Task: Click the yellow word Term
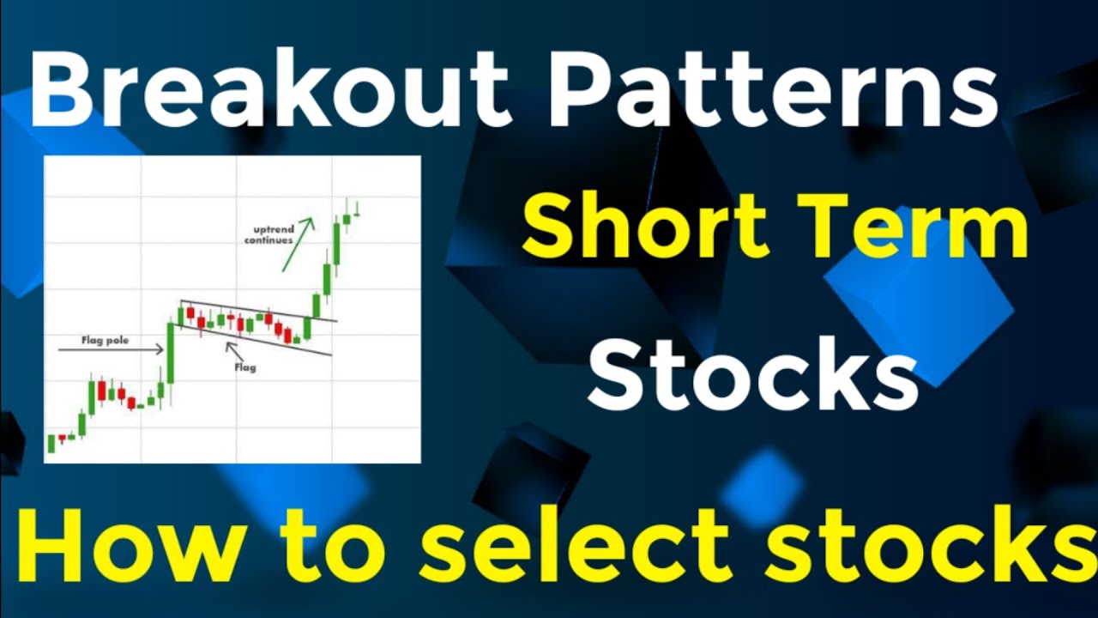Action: click(x=923, y=225)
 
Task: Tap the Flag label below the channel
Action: click(x=245, y=367)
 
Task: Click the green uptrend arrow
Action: click(x=298, y=244)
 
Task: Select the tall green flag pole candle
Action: click(x=171, y=352)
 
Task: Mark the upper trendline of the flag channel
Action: click(x=257, y=311)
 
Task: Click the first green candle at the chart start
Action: click(x=51, y=444)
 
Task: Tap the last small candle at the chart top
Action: click(x=356, y=209)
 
